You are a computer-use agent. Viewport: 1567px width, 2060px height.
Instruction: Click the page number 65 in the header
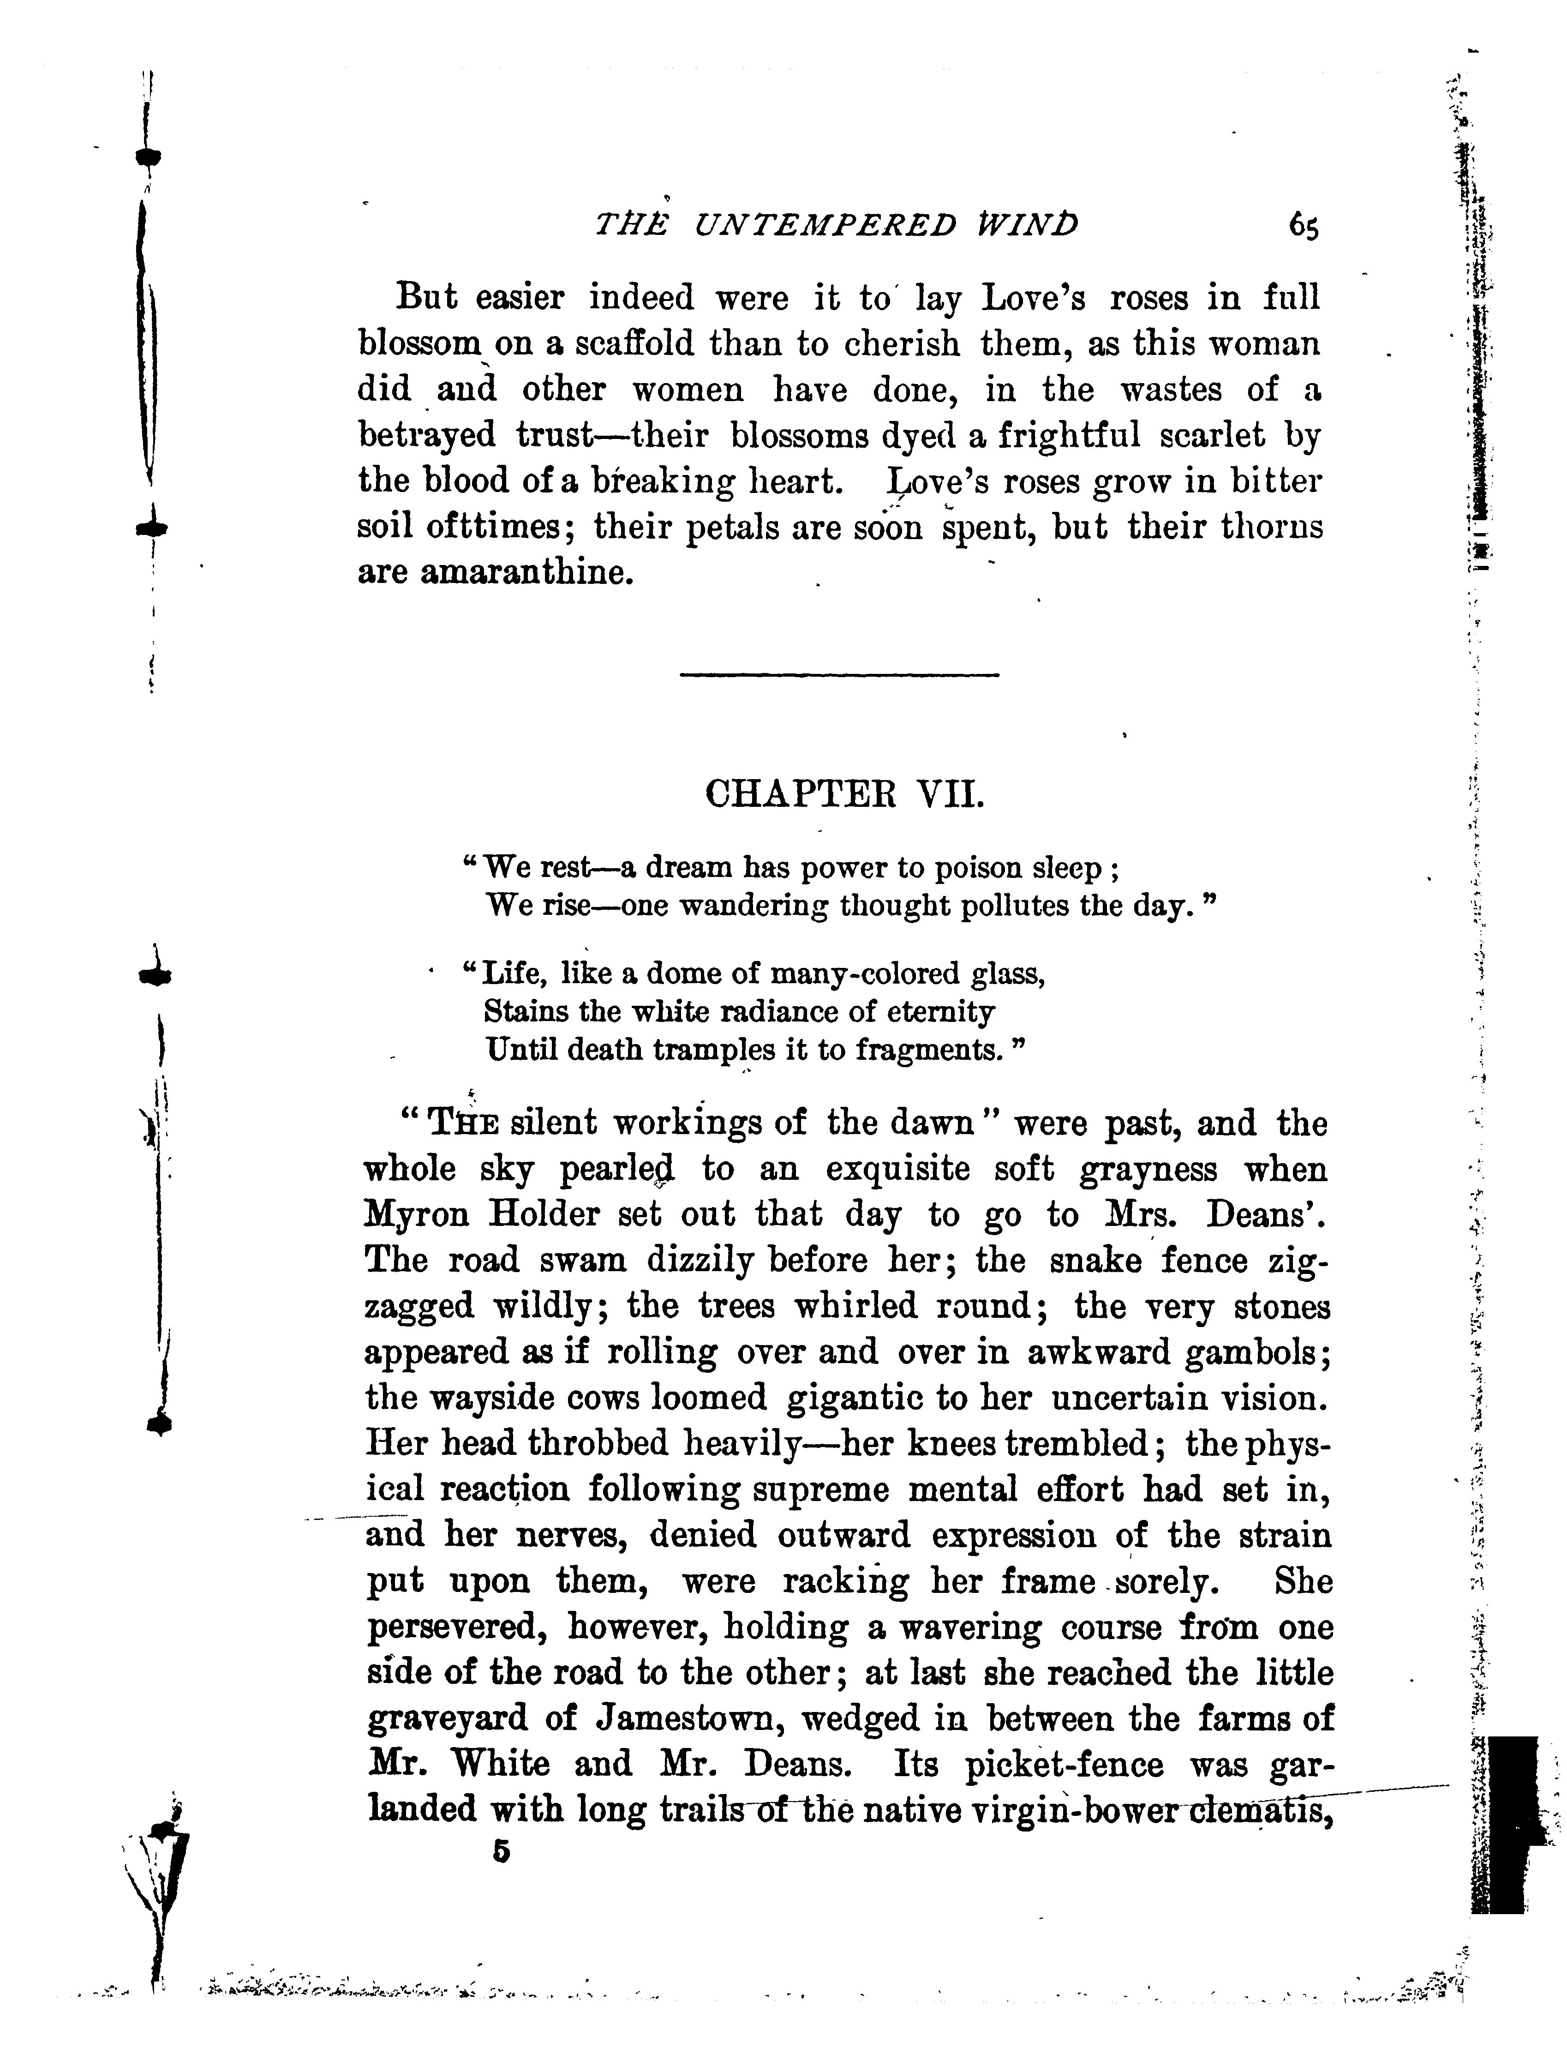1304,227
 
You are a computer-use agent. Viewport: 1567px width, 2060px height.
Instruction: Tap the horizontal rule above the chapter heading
839,674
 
